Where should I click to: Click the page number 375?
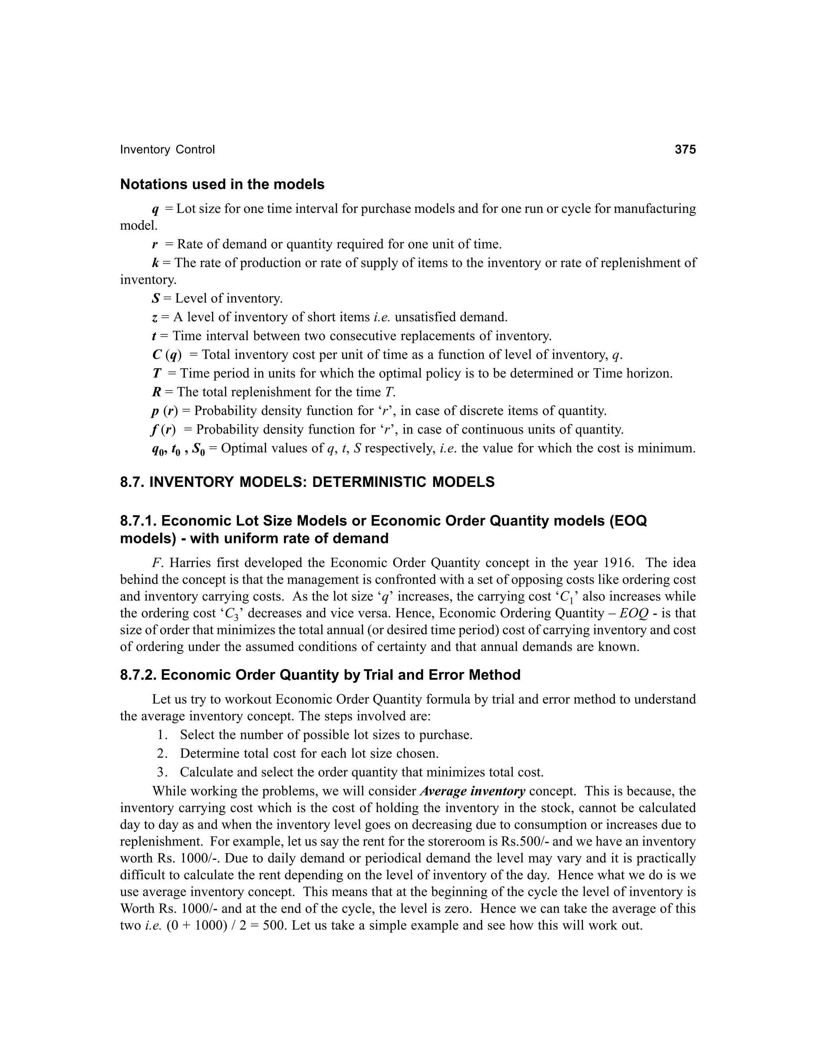click(x=685, y=150)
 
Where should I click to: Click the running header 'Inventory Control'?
click(x=167, y=150)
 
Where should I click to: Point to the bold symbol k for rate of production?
click(x=155, y=263)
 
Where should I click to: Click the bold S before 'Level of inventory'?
click(x=155, y=299)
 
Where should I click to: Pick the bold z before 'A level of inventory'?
click(x=154, y=317)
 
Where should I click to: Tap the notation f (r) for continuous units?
click(x=163, y=430)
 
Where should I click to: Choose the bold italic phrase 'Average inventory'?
click(x=473, y=791)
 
